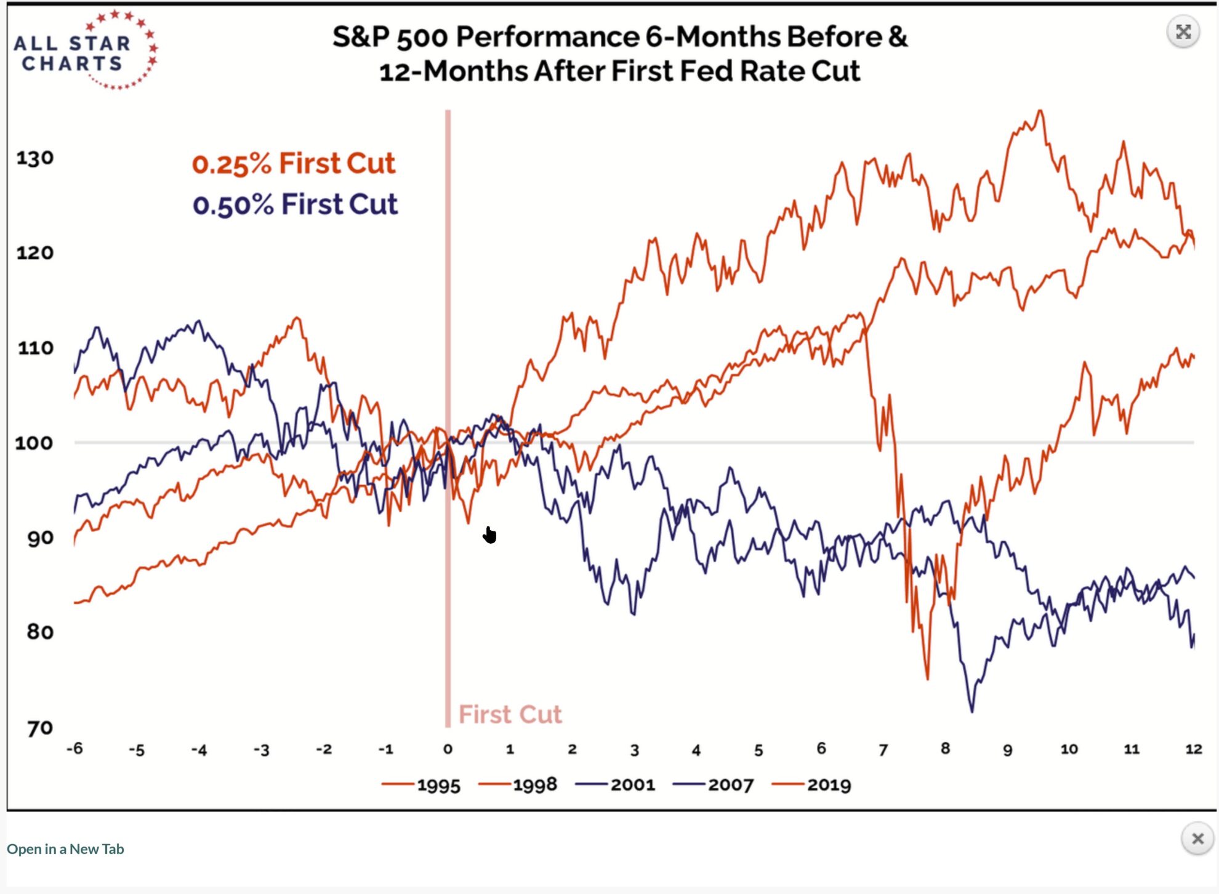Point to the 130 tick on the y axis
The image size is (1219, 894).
(x=34, y=158)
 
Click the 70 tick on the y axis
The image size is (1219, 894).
(x=39, y=728)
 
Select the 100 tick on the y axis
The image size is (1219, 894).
(x=34, y=443)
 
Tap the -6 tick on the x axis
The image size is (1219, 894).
(x=74, y=749)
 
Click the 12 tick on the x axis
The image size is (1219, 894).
(x=1193, y=749)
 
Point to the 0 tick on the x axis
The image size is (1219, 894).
(x=448, y=749)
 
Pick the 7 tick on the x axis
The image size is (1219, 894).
(x=883, y=749)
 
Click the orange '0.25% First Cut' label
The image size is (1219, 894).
(x=293, y=164)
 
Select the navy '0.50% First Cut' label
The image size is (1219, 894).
(x=295, y=204)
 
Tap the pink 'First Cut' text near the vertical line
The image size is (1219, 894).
(x=510, y=714)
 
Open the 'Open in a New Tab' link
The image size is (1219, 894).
(x=65, y=849)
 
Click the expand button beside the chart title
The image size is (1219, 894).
(x=1183, y=32)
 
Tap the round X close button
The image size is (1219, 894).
(x=1197, y=839)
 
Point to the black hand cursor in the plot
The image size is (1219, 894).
(x=489, y=535)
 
